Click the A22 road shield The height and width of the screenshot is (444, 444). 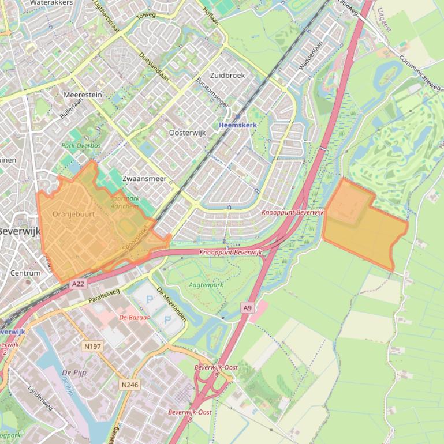[x=78, y=284]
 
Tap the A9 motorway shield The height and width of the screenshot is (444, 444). [x=247, y=308]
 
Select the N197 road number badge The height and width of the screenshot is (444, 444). [x=92, y=347]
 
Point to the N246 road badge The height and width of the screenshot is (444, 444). [x=130, y=384]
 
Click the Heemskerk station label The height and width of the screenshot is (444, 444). [x=238, y=125]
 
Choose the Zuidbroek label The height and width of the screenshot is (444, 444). [x=227, y=75]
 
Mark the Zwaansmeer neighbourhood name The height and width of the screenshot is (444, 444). [x=144, y=179]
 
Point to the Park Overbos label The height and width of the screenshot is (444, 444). [x=81, y=146]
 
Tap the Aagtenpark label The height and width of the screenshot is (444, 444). [x=206, y=284]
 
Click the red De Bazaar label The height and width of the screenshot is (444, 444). [x=135, y=317]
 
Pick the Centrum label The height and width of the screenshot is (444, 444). [x=25, y=273]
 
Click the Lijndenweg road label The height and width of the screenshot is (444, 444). [x=40, y=398]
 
